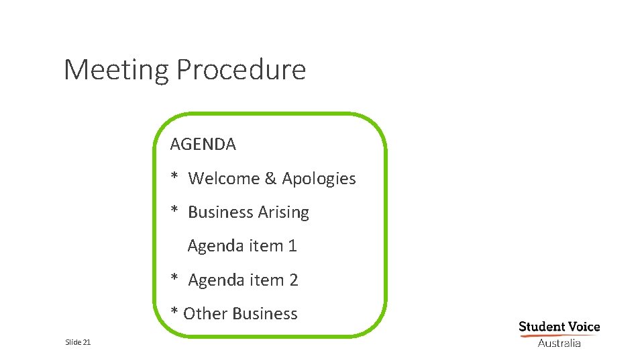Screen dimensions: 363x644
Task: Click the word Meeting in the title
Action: (x=116, y=70)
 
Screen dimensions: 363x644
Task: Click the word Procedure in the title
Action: (x=241, y=70)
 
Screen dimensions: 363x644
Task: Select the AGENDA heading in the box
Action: (x=203, y=144)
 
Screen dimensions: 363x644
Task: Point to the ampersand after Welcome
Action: (x=270, y=179)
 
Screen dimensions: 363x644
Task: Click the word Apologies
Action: (x=319, y=179)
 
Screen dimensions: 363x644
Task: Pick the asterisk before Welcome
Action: (x=174, y=177)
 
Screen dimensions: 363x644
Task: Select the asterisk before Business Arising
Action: (x=174, y=211)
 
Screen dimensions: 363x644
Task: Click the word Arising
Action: (x=284, y=212)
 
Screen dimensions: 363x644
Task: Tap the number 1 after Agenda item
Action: (x=292, y=246)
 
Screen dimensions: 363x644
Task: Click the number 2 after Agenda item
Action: (x=293, y=280)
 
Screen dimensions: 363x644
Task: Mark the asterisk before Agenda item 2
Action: (x=174, y=279)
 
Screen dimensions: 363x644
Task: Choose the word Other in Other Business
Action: (x=203, y=313)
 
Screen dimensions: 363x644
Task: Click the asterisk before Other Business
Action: (x=174, y=313)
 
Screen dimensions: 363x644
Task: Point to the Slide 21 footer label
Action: (x=78, y=343)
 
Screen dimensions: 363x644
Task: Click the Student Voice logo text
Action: (x=559, y=327)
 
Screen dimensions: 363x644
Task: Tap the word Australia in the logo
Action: (x=559, y=343)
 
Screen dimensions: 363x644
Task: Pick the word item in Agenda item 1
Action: (x=266, y=246)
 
